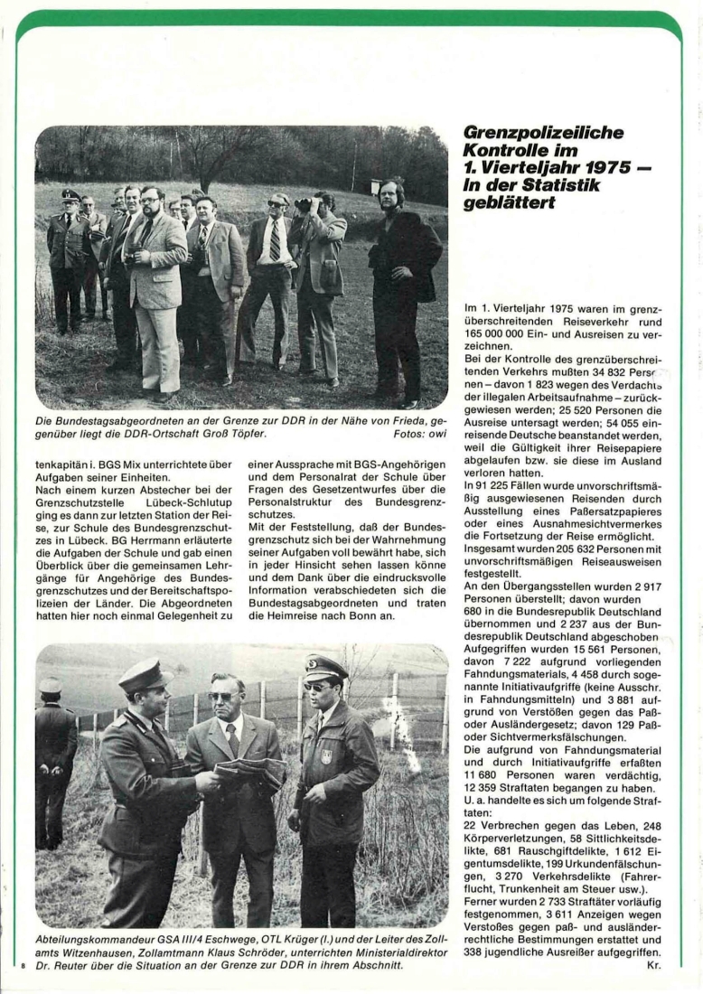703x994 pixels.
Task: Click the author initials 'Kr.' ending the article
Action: tap(654, 966)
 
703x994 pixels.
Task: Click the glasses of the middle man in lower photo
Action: tap(222, 696)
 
